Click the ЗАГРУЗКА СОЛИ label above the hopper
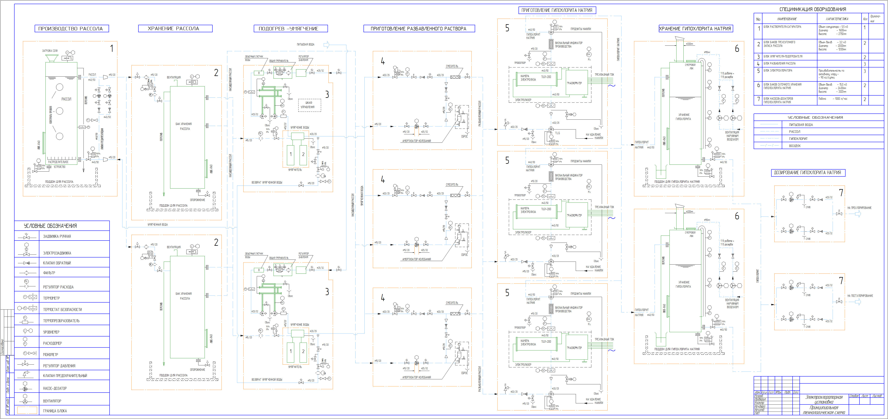(x=50, y=51)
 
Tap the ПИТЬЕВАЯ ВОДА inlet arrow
(x=326, y=45)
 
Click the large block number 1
(x=112, y=49)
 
